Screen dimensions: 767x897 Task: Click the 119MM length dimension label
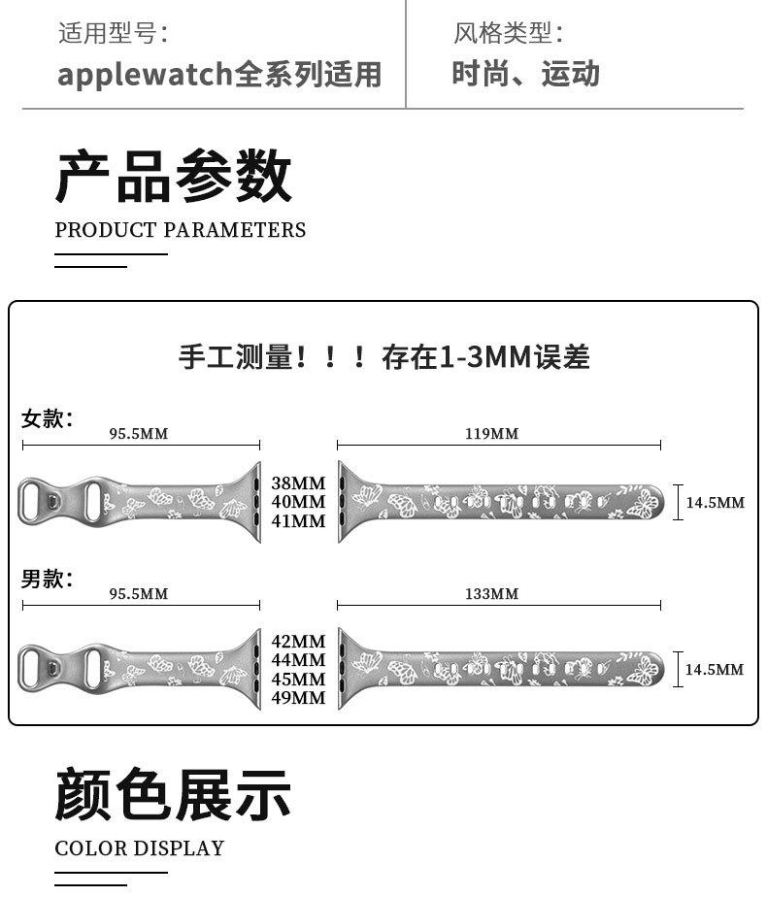[491, 433]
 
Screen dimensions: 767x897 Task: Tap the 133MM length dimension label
[491, 593]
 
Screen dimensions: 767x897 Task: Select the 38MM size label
[298, 482]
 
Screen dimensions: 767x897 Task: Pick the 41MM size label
[298, 521]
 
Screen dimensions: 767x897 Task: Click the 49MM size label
[298, 698]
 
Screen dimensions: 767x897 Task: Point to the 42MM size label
[298, 642]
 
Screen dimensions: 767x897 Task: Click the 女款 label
[47, 418]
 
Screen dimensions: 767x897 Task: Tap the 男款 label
[47, 579]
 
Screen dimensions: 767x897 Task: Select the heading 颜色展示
[173, 793]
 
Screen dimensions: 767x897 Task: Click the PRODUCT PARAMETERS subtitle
[181, 230]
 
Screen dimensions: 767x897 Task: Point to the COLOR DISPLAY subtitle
[139, 848]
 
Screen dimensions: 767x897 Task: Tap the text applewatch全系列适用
[219, 75]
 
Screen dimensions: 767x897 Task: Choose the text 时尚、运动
[525, 74]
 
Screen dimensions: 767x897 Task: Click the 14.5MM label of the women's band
[716, 503]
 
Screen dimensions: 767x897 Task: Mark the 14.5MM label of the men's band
[715, 670]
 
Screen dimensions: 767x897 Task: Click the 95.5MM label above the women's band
[138, 433]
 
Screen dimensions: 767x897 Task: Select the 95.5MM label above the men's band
[138, 593]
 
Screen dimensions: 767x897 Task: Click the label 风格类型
[508, 33]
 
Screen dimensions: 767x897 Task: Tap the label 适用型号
[113, 33]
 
